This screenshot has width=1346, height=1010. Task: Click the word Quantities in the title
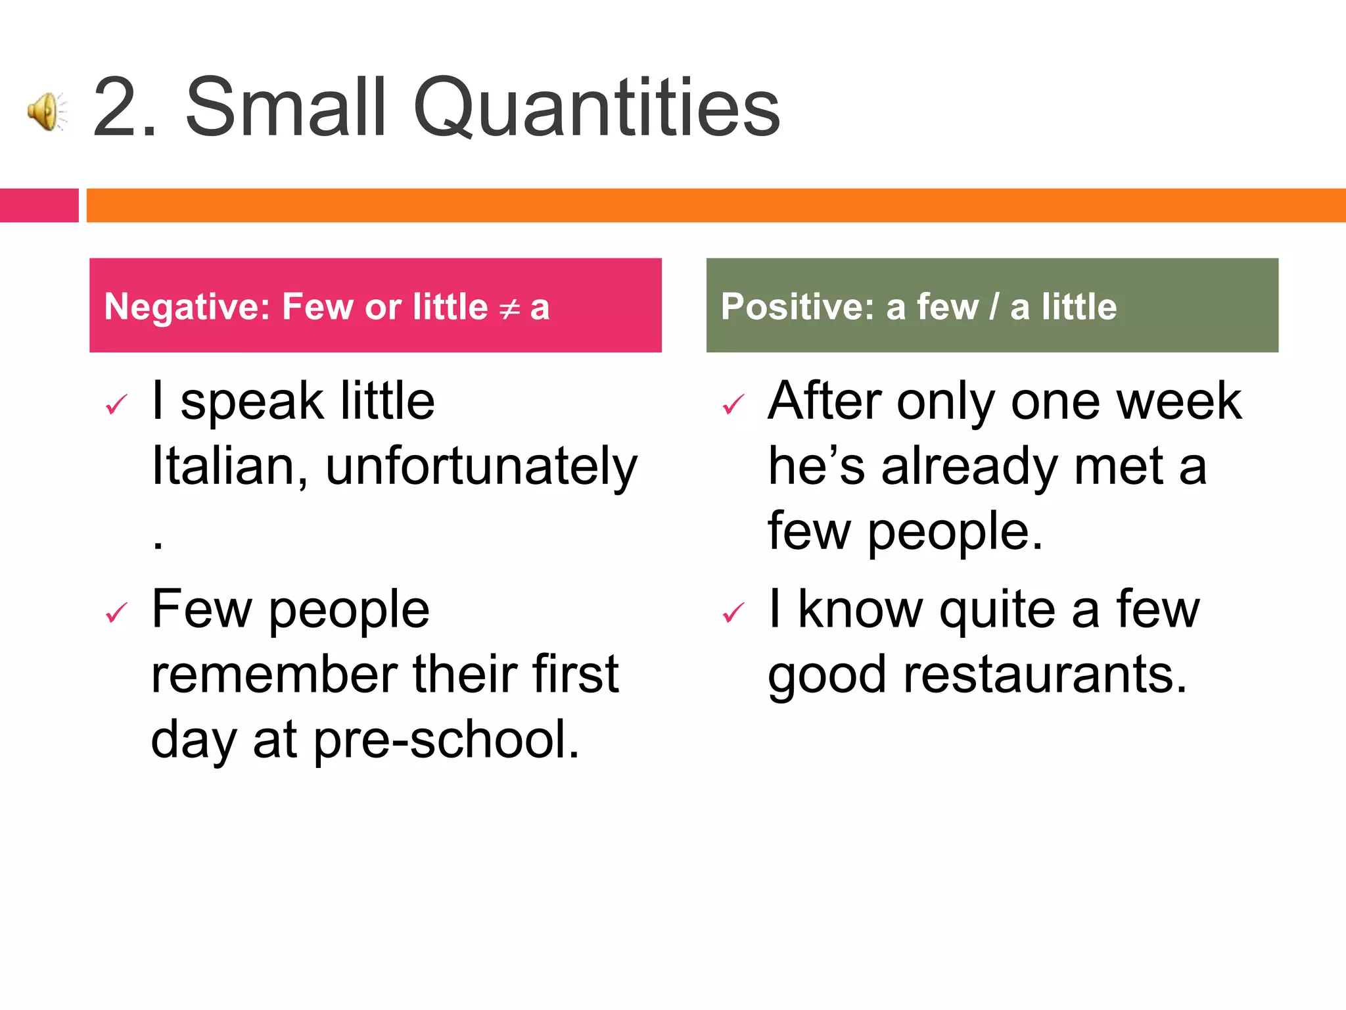(596, 107)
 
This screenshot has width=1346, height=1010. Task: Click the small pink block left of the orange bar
(39, 205)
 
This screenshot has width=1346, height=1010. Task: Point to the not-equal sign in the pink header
(509, 308)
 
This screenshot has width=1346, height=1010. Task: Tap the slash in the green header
(994, 306)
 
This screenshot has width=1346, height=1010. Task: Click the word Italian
(229, 466)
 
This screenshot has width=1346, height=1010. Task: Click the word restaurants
(1045, 675)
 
